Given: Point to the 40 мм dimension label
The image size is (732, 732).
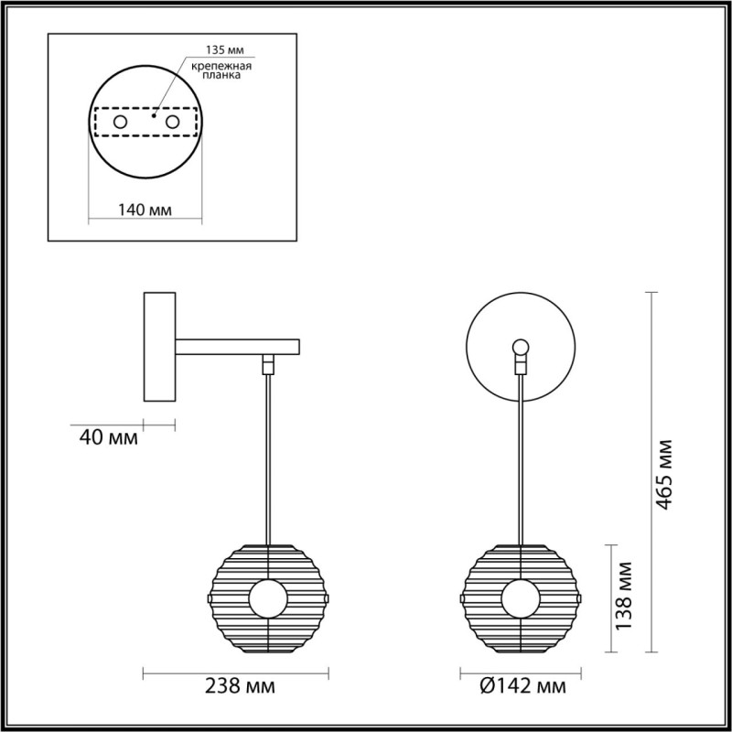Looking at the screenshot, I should [108, 438].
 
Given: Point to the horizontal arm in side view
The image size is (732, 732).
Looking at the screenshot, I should [237, 347].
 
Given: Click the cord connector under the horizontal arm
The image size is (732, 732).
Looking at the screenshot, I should [267, 363].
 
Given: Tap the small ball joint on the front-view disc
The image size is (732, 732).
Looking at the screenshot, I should [520, 347].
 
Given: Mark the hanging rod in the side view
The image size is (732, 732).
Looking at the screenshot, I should [267, 457].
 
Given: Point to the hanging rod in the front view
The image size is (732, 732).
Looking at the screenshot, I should [520, 457].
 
